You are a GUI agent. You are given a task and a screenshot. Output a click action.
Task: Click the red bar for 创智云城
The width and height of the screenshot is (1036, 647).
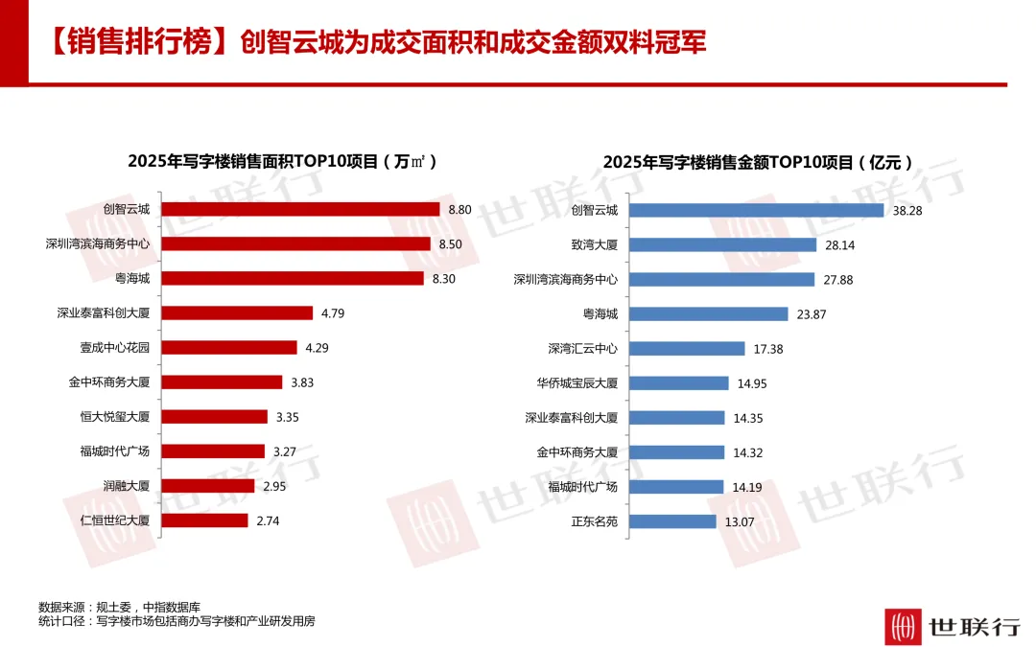[300, 209]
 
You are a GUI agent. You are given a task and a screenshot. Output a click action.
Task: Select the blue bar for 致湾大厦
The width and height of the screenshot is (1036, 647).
[723, 245]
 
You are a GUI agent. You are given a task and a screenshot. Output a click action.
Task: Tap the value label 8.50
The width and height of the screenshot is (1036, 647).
[451, 244]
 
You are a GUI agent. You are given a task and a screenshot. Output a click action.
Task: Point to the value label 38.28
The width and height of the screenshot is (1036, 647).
[907, 211]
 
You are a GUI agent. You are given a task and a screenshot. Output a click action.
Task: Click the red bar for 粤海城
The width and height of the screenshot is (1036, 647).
[293, 279]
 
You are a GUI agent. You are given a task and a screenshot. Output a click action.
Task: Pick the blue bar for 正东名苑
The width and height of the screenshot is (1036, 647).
[672, 521]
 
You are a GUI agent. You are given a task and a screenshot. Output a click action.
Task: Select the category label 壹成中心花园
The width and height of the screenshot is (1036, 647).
[115, 347]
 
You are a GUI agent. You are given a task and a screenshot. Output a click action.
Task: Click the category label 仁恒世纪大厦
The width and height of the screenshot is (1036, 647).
[115, 520]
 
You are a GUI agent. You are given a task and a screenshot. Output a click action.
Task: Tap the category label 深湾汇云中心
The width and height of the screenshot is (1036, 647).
[583, 349]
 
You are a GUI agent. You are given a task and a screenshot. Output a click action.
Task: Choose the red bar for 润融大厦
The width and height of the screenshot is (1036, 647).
[208, 486]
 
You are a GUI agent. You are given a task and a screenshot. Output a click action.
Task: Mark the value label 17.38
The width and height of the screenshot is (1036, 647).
[768, 349]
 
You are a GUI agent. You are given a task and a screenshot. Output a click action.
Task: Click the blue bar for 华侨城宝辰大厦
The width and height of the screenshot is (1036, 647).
[679, 383]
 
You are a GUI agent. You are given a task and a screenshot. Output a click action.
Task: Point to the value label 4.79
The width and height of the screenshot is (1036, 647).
[333, 313]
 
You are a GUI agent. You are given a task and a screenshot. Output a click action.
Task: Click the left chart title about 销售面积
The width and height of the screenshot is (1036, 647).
[282, 162]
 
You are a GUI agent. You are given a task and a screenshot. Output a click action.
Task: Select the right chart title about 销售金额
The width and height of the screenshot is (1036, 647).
[758, 162]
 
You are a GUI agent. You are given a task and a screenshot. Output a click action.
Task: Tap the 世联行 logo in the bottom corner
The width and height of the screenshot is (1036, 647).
[953, 625]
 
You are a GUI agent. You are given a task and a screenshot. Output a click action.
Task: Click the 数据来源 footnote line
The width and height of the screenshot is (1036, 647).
[120, 607]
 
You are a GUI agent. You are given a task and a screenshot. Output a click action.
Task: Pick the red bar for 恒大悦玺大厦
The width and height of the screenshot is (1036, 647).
[215, 417]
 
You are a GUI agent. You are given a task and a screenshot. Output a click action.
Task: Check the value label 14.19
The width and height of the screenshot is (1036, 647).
[747, 487]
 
